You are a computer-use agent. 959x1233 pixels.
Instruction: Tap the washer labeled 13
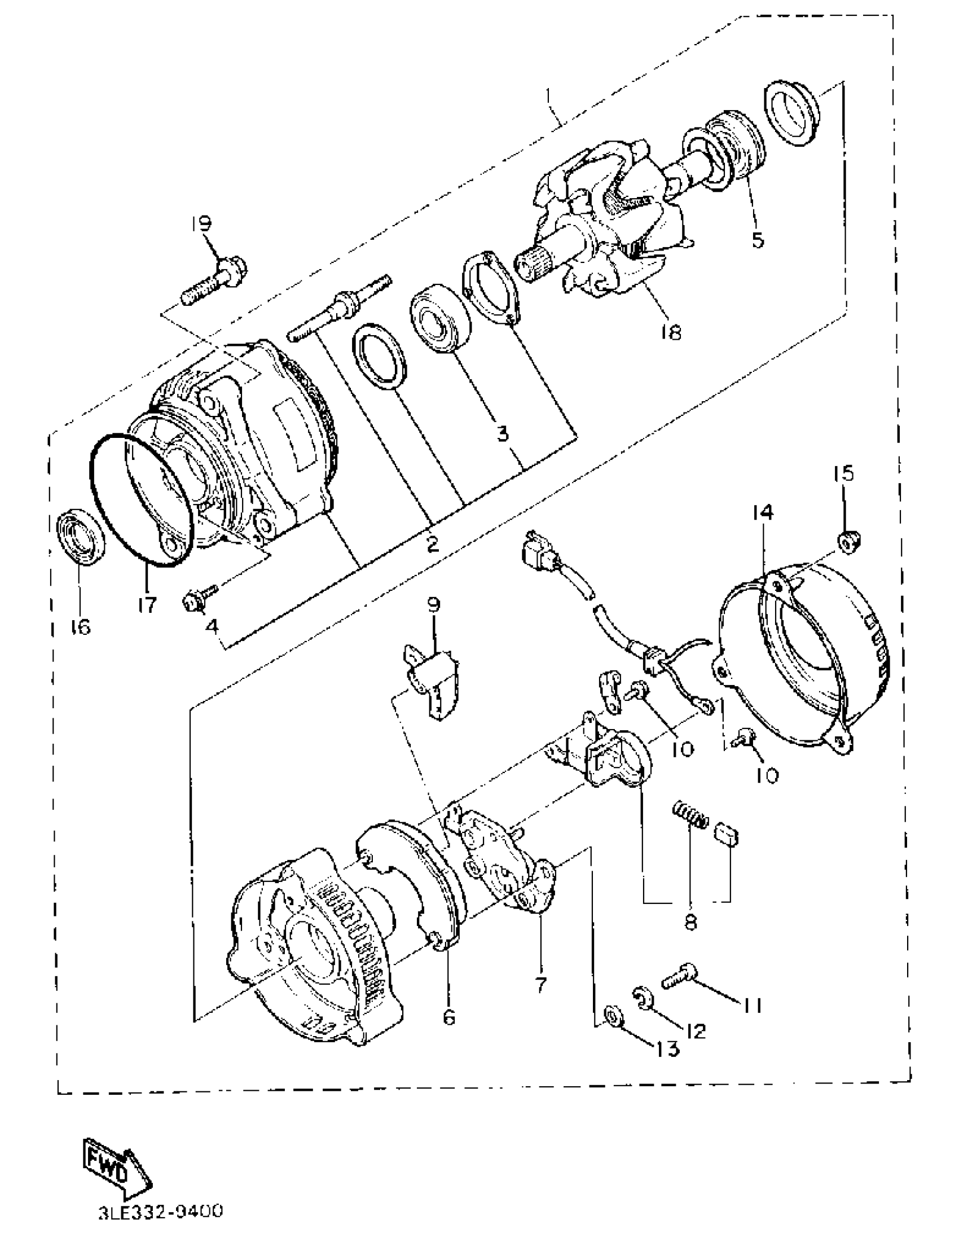pos(613,1016)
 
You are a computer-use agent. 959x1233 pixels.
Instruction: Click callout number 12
pos(696,1031)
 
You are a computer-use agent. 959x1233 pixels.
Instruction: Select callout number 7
pos(540,984)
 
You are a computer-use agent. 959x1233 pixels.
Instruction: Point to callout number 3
pos(502,433)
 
